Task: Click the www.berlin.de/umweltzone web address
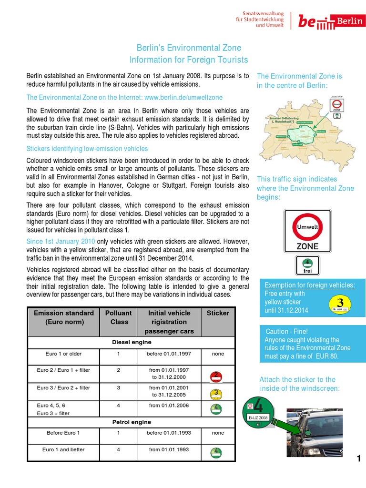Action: [x=183, y=97]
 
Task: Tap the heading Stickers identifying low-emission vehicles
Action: [x=87, y=149]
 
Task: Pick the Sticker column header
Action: [x=218, y=313]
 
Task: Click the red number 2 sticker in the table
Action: [x=216, y=376]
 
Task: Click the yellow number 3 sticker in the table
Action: [x=216, y=393]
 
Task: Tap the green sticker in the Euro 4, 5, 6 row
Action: [x=216, y=408]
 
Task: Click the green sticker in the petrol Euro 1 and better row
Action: [x=216, y=451]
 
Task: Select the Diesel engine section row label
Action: [x=131, y=342]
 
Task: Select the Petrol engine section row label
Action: [x=131, y=422]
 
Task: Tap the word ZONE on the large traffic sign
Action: [x=307, y=246]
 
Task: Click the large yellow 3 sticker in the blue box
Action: [x=340, y=305]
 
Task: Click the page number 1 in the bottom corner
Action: [x=358, y=459]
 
